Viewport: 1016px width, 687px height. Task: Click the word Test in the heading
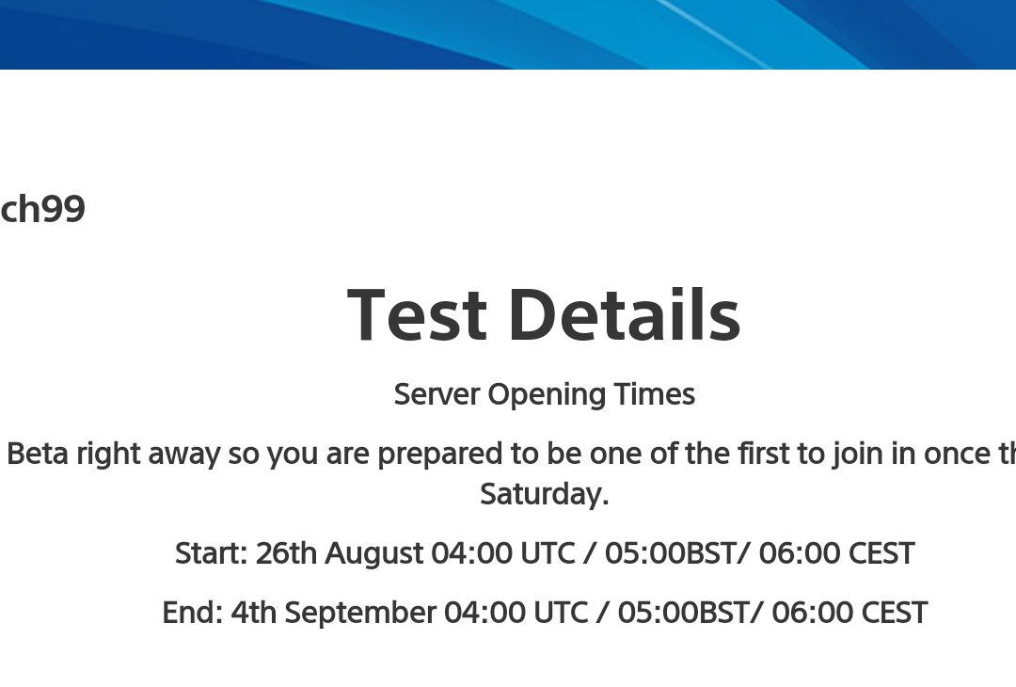417,315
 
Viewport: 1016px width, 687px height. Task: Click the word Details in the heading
625,315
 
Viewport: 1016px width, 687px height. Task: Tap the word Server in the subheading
437,394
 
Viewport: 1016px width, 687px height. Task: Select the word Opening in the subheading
547,395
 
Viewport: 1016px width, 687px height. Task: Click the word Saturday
545,494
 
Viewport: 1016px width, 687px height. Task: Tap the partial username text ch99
42,209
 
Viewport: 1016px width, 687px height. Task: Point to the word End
193,613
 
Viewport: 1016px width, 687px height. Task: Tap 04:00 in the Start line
472,554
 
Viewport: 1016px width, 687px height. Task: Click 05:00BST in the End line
683,613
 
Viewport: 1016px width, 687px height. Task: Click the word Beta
38,454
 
